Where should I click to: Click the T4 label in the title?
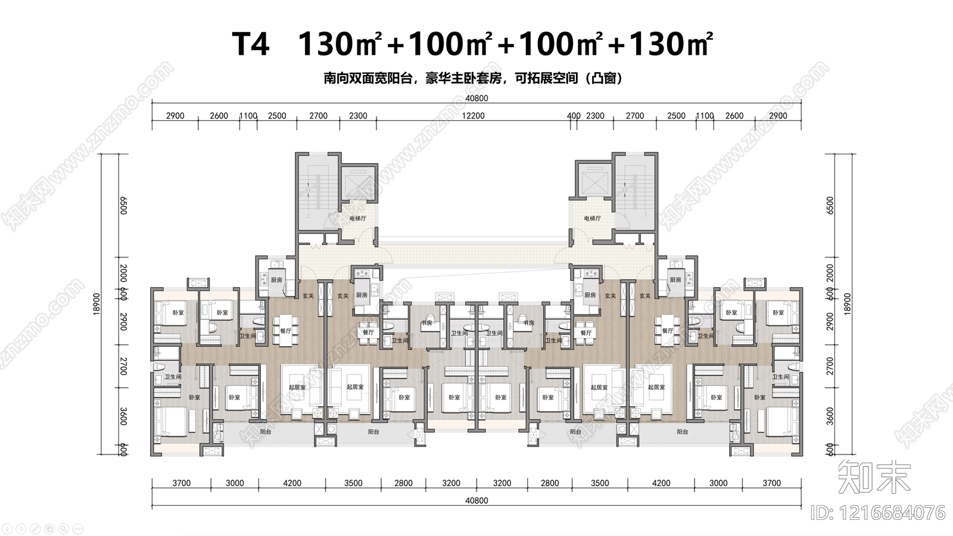point(251,44)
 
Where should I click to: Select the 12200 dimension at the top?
point(474,116)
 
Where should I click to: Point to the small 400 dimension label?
point(574,116)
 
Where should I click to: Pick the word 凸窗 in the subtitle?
point(603,79)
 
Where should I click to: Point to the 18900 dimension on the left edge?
point(97,304)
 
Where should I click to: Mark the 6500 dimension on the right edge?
point(830,205)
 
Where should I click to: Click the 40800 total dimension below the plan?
point(476,501)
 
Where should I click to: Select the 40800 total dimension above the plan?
point(476,98)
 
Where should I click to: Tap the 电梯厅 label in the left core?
point(357,219)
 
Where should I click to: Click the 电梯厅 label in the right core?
point(592,219)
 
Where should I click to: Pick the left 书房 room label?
point(426,323)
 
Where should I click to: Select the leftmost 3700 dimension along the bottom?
point(182,483)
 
